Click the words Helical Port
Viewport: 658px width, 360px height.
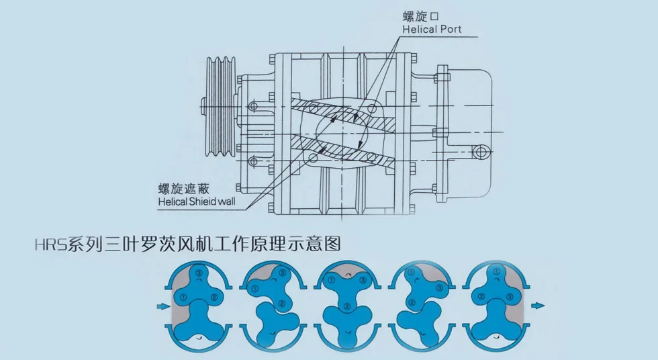(x=432, y=30)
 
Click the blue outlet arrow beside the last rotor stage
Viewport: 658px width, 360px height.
(x=537, y=306)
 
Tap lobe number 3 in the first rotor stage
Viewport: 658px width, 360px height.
(x=199, y=273)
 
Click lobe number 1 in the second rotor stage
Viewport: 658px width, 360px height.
(x=254, y=289)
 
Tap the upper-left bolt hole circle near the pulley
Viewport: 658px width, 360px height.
(x=253, y=105)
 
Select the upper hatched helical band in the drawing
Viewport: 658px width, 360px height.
(x=348, y=114)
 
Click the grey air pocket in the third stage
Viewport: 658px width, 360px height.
(x=345, y=271)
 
